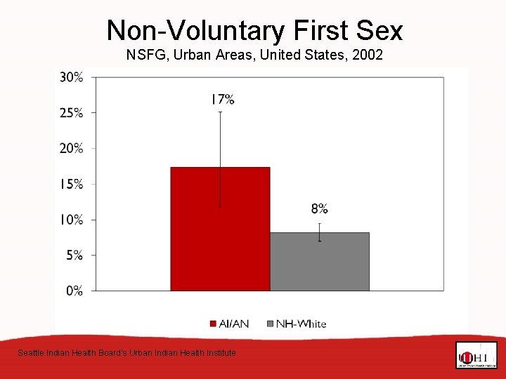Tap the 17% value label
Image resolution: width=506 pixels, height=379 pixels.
pyautogui.click(x=223, y=100)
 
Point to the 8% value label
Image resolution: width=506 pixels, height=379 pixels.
pyautogui.click(x=320, y=208)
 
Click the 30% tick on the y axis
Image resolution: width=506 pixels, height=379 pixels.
pyautogui.click(x=71, y=77)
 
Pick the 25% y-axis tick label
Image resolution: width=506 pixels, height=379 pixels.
pyautogui.click(x=71, y=113)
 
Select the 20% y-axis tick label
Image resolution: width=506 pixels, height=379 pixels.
pyautogui.click(x=71, y=148)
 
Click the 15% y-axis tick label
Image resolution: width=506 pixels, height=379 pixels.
pyautogui.click(x=71, y=184)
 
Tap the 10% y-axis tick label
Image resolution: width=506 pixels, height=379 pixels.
pyautogui.click(x=71, y=220)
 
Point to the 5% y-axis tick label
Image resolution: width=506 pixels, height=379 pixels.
pyautogui.click(x=74, y=255)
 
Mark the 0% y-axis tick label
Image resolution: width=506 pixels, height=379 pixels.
pyautogui.click(x=74, y=291)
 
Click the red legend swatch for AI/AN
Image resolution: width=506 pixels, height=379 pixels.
pyautogui.click(x=213, y=324)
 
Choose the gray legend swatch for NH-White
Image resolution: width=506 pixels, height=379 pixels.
pyautogui.click(x=270, y=324)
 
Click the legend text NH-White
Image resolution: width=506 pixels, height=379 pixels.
pyautogui.click(x=301, y=324)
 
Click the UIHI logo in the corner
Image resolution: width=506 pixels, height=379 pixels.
pyautogui.click(x=476, y=355)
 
